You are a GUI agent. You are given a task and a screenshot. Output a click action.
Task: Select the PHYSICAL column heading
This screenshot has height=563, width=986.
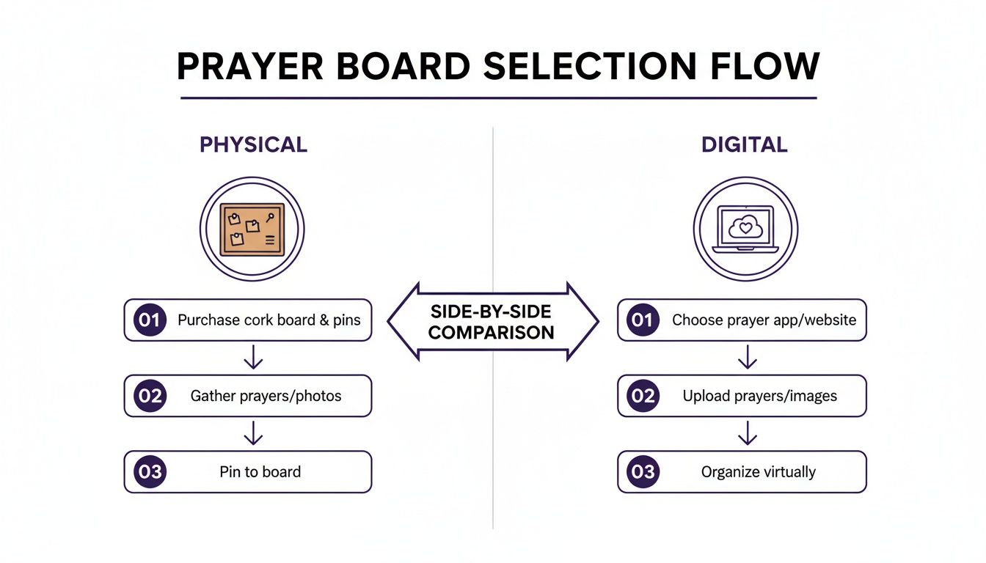(x=253, y=144)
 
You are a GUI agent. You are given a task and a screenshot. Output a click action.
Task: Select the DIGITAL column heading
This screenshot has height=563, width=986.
(x=744, y=144)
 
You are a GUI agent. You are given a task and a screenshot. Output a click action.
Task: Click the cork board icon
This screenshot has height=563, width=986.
(x=252, y=229)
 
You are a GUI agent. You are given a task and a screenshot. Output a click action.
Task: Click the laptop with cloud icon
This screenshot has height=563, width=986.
(x=745, y=229)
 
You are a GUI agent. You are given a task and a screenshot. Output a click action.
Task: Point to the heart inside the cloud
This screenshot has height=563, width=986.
(x=745, y=228)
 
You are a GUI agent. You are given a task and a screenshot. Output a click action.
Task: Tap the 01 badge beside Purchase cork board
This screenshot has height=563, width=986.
(x=150, y=320)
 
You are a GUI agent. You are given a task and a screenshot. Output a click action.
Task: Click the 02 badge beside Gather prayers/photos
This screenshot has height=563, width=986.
(x=150, y=396)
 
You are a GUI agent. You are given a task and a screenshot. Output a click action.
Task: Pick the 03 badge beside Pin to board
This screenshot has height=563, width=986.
(x=150, y=471)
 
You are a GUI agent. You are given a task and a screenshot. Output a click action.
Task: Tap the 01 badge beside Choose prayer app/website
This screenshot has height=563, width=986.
(x=643, y=320)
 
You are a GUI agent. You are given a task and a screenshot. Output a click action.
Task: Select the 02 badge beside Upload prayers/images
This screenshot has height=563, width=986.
(x=643, y=396)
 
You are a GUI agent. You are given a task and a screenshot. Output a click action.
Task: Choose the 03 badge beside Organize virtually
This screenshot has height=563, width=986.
(x=643, y=471)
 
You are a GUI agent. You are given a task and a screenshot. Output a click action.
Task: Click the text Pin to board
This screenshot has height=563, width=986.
(x=260, y=471)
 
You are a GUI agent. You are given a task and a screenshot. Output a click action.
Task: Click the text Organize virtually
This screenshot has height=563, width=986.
(x=758, y=471)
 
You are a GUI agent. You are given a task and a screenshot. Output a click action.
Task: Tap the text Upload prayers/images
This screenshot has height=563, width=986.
(x=759, y=396)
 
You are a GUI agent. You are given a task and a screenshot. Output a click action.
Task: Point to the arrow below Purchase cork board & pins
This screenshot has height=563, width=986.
(x=253, y=358)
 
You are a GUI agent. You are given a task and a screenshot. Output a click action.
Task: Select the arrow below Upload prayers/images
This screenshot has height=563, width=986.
(x=747, y=433)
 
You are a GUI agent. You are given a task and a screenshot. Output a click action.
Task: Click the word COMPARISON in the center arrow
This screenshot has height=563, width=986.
(x=492, y=332)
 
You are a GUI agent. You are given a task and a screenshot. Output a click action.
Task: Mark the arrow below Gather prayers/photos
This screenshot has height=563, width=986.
(x=253, y=433)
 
